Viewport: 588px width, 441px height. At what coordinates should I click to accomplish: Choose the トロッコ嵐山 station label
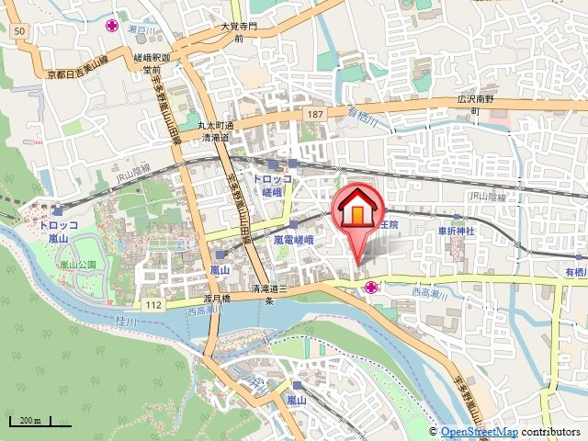(x=48, y=230)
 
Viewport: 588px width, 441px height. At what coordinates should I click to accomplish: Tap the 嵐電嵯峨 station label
(x=294, y=239)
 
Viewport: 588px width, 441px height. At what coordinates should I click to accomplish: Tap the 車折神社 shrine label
(x=456, y=232)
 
